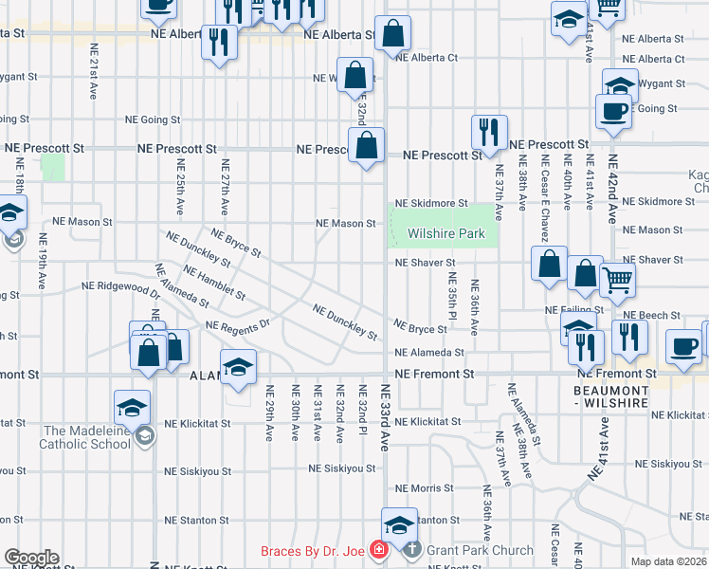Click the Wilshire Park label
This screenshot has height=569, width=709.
tap(445, 233)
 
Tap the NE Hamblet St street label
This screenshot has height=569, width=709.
tap(214, 282)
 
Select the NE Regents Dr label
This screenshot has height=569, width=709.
tap(238, 326)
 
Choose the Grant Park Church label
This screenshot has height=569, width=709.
tap(467, 549)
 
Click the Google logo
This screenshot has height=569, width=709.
tap(30, 558)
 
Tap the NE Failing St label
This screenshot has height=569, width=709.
tap(573, 310)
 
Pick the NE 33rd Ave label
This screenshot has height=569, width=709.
tap(385, 417)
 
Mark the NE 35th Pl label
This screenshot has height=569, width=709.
tap(453, 296)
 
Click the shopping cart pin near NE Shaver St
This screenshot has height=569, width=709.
tap(617, 279)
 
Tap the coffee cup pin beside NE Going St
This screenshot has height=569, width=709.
tap(612, 110)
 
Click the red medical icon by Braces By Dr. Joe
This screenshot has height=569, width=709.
tap(378, 550)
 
